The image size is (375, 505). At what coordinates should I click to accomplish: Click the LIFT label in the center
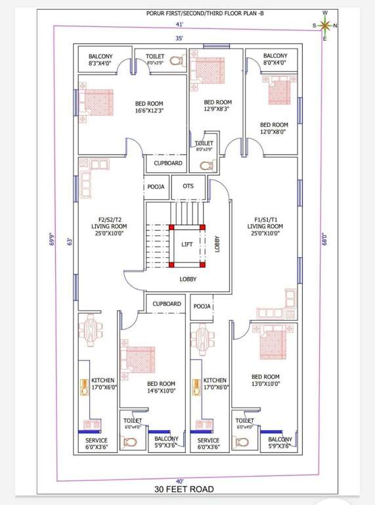click(188, 244)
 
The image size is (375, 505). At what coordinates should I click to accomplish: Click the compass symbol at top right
click(324, 26)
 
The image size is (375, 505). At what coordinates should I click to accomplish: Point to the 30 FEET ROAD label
click(184, 489)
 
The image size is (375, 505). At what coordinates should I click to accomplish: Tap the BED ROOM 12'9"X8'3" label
click(217, 106)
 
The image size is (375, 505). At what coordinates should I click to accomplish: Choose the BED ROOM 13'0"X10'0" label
click(265, 381)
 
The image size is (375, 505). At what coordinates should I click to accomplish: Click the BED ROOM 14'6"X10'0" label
click(161, 387)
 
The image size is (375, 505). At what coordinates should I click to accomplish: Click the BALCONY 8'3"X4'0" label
click(100, 60)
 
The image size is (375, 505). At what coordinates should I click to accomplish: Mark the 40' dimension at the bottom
click(179, 481)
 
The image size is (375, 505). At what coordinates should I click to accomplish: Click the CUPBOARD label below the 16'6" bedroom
click(168, 163)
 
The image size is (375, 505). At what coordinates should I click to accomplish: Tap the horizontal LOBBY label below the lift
click(188, 279)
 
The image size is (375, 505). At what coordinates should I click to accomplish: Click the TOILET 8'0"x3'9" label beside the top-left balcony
click(155, 60)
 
